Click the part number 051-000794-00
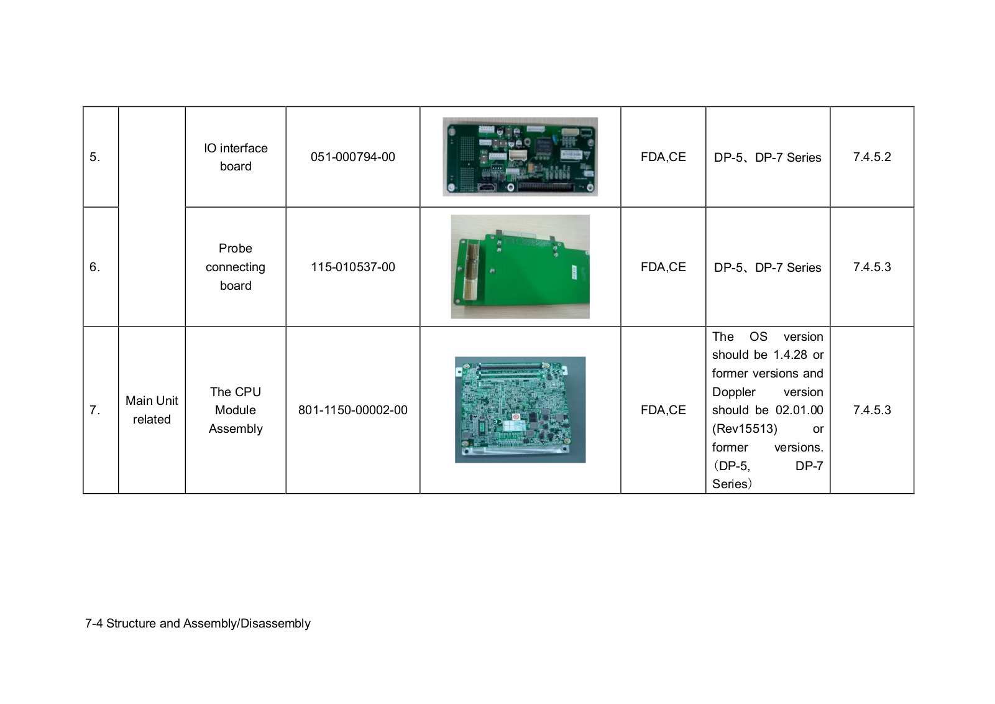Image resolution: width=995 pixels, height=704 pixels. [352, 157]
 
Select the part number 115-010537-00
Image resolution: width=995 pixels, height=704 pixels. [352, 267]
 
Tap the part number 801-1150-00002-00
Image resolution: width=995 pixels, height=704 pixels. [352, 410]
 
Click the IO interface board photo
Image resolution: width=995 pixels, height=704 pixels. [520, 157]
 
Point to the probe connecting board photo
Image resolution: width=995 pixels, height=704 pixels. [520, 267]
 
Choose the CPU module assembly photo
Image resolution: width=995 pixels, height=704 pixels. [520, 410]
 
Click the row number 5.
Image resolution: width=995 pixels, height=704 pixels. [94, 157]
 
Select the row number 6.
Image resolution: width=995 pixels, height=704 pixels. [94, 267]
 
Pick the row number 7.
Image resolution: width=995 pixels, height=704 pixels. [94, 410]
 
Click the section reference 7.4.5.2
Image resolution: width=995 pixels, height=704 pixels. [871, 157]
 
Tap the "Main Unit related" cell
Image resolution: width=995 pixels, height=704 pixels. [152, 410]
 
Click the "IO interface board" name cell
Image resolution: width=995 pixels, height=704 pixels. [236, 157]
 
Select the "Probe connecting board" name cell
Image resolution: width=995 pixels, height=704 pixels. [236, 267]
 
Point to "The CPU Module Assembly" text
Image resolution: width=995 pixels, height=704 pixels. [236, 410]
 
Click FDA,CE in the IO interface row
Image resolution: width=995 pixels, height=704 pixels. [663, 157]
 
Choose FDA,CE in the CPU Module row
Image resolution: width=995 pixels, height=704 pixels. [663, 410]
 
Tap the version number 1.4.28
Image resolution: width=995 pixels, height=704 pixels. [790, 355]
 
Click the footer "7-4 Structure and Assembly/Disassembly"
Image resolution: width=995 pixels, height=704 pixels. [198, 624]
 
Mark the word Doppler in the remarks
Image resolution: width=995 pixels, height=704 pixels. [733, 392]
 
